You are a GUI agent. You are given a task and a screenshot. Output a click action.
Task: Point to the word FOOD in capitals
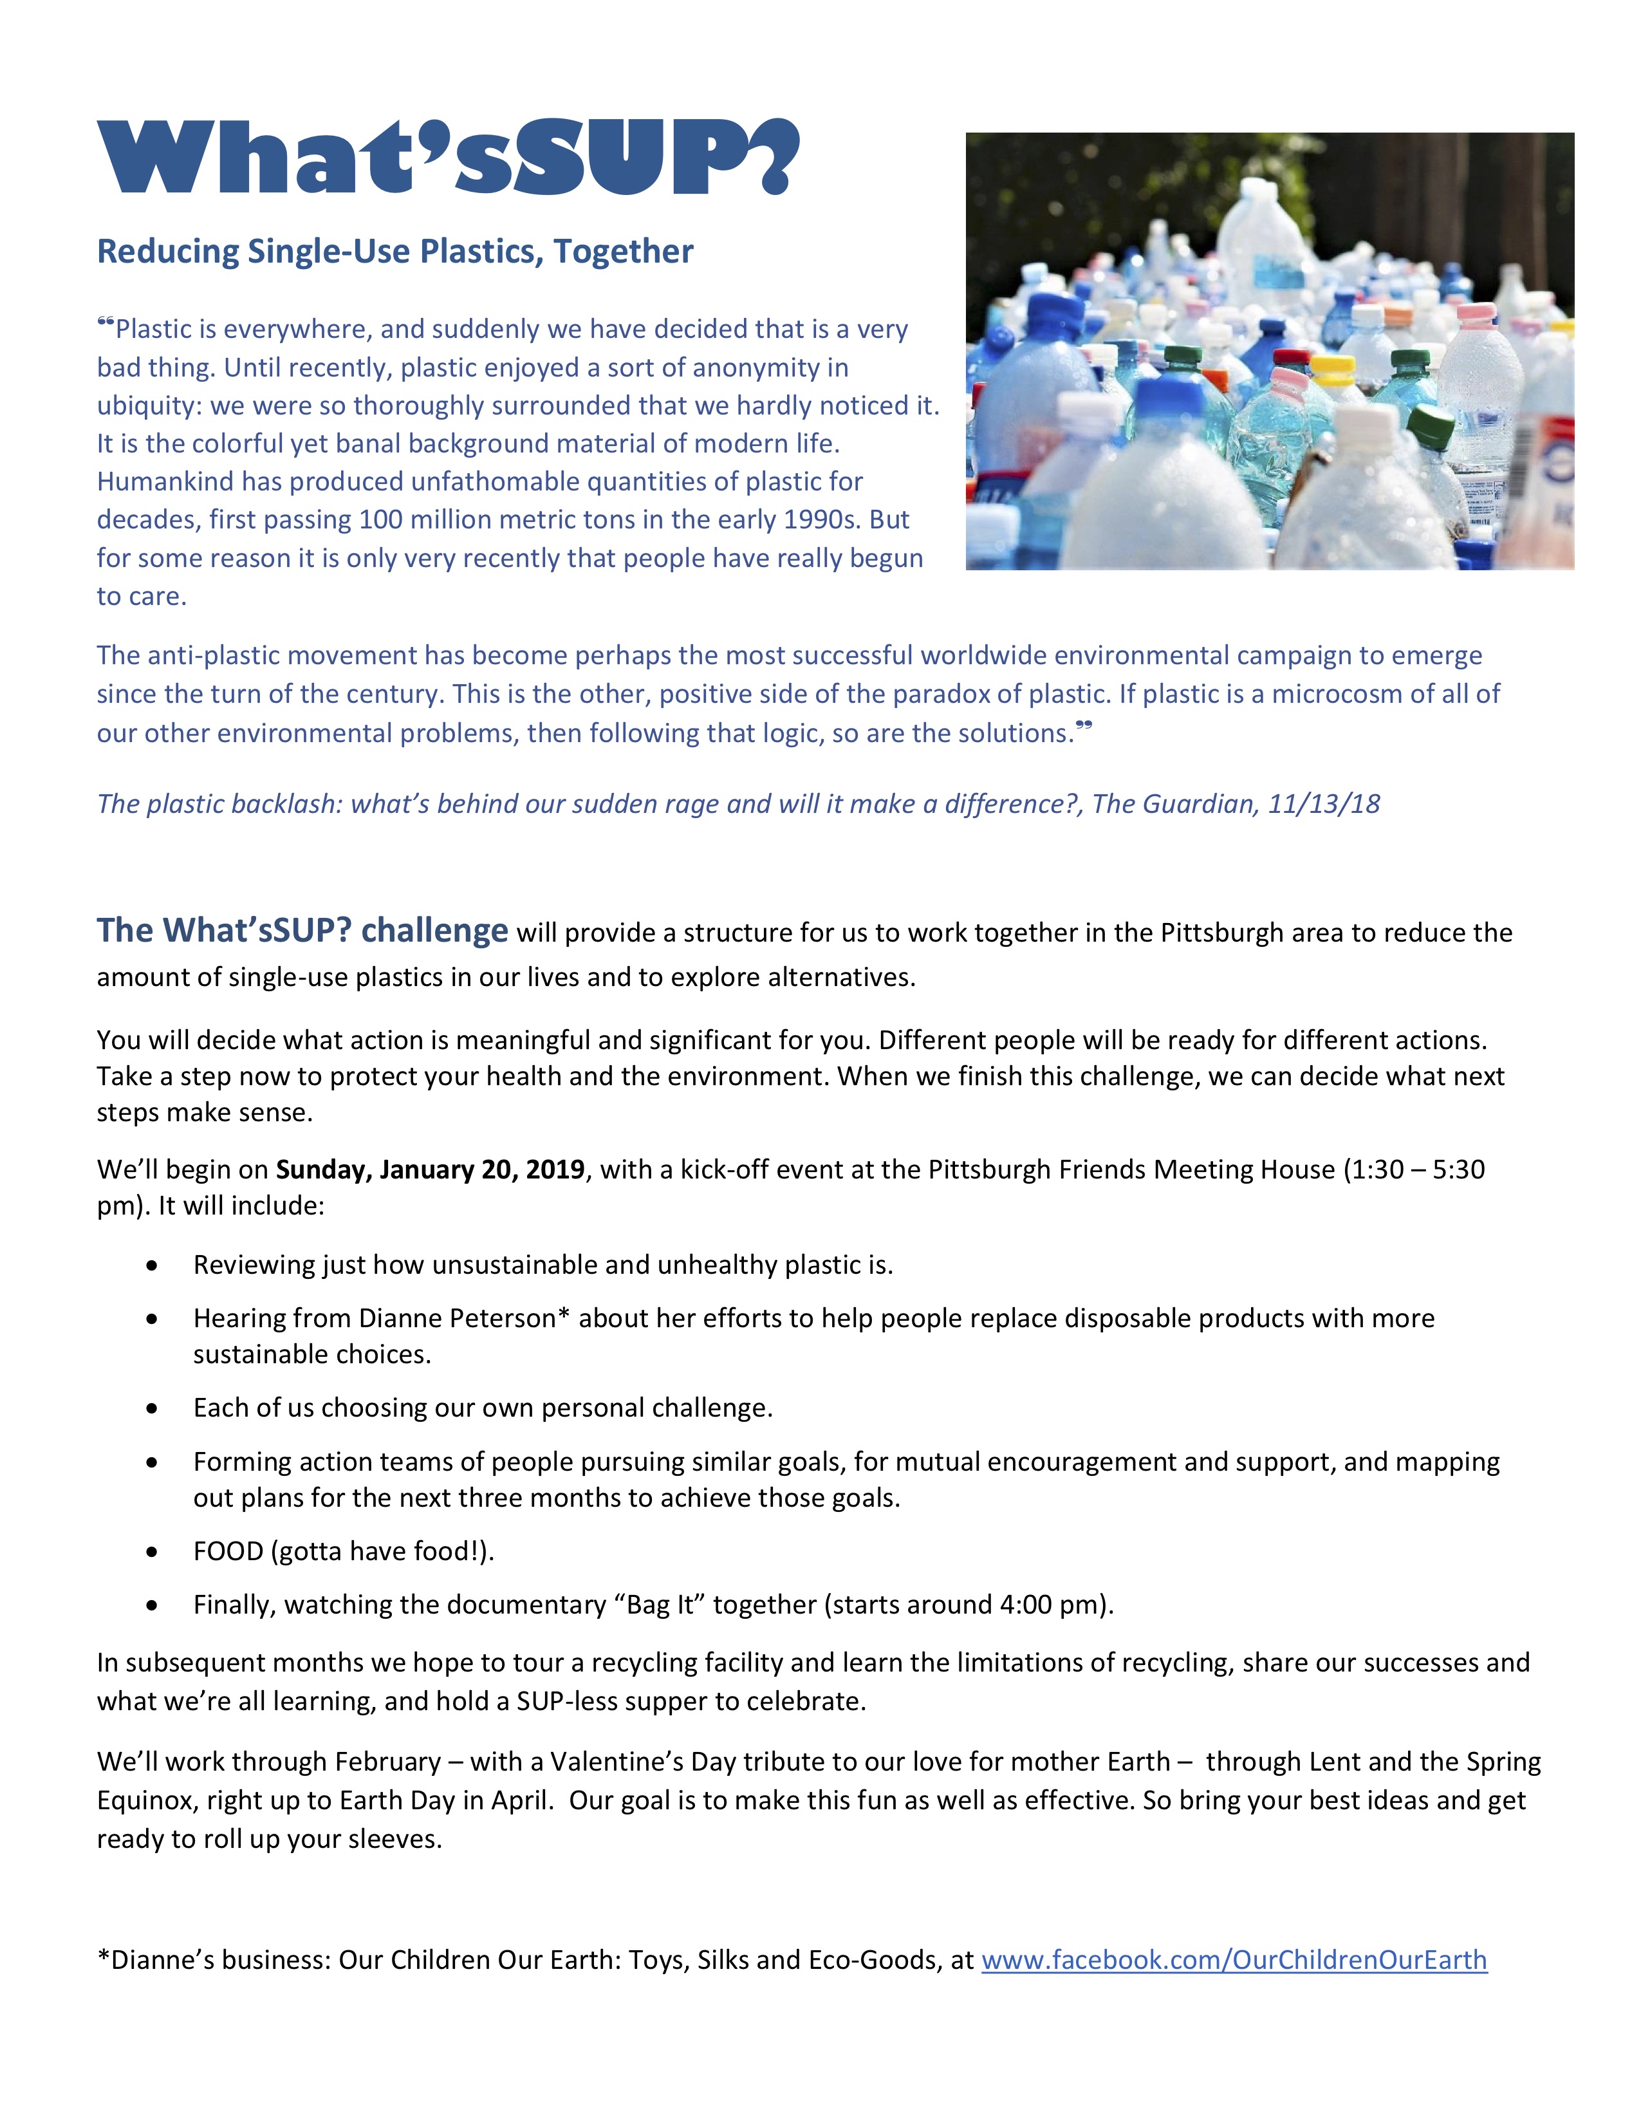228,1551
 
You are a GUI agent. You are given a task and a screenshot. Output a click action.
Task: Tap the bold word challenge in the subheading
434,930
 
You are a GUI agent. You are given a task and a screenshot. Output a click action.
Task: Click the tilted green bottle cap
1430,425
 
